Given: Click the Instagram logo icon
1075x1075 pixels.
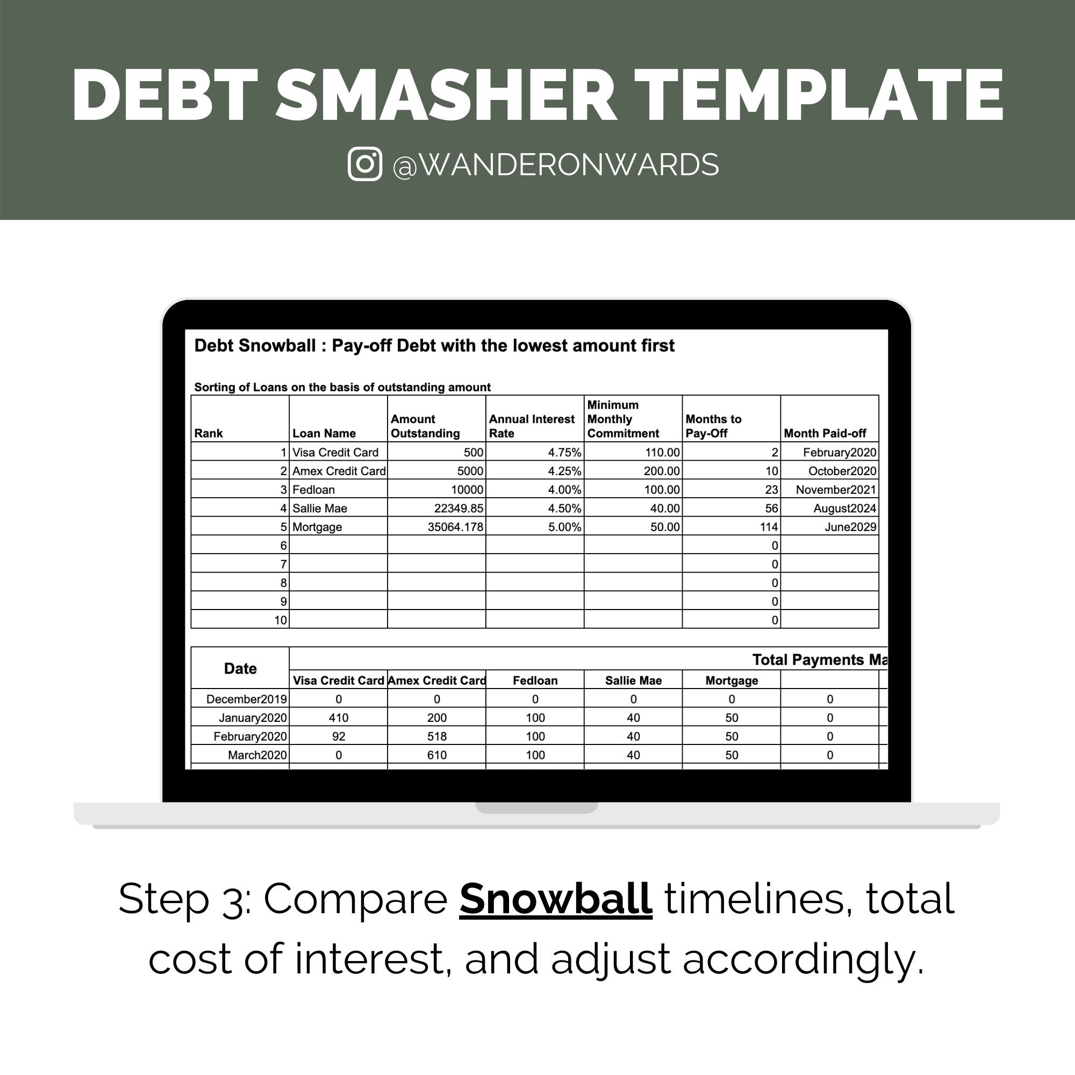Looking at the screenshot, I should pyautogui.click(x=364, y=164).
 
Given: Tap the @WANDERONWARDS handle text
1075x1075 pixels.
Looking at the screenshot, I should pyautogui.click(x=555, y=165).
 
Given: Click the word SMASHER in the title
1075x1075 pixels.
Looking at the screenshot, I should pyautogui.click(x=446, y=95).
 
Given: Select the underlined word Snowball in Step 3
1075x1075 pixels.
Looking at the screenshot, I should pyautogui.click(x=555, y=899).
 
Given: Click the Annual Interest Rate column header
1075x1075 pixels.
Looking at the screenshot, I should pyautogui.click(x=532, y=426).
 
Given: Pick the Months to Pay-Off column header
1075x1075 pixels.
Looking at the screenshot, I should pyautogui.click(x=713, y=426).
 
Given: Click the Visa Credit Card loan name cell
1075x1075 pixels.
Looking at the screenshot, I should pyautogui.click(x=335, y=453).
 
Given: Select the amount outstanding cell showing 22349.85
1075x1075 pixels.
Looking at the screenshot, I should pyautogui.click(x=458, y=508).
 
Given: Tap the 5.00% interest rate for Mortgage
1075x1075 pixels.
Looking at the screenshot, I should pyautogui.click(x=564, y=527).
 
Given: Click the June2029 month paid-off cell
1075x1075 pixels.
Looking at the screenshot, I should pyautogui.click(x=850, y=527).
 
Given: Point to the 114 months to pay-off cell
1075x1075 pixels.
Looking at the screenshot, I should pyautogui.click(x=769, y=527).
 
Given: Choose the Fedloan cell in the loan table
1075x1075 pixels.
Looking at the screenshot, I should pyautogui.click(x=314, y=490).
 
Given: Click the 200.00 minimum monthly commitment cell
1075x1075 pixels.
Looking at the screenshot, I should pyautogui.click(x=662, y=471).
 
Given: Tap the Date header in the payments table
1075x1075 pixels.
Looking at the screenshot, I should pyautogui.click(x=240, y=668).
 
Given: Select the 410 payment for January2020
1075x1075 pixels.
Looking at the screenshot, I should pyautogui.click(x=338, y=718).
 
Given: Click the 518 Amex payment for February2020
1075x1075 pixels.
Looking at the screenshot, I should pyautogui.click(x=437, y=736).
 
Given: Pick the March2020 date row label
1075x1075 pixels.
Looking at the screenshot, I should pyautogui.click(x=257, y=755).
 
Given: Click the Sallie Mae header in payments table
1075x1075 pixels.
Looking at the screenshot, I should pyautogui.click(x=633, y=680).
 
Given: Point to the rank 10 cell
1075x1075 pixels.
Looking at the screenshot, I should pyautogui.click(x=281, y=620).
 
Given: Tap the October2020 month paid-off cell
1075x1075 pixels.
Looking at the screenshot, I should pyautogui.click(x=842, y=471).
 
